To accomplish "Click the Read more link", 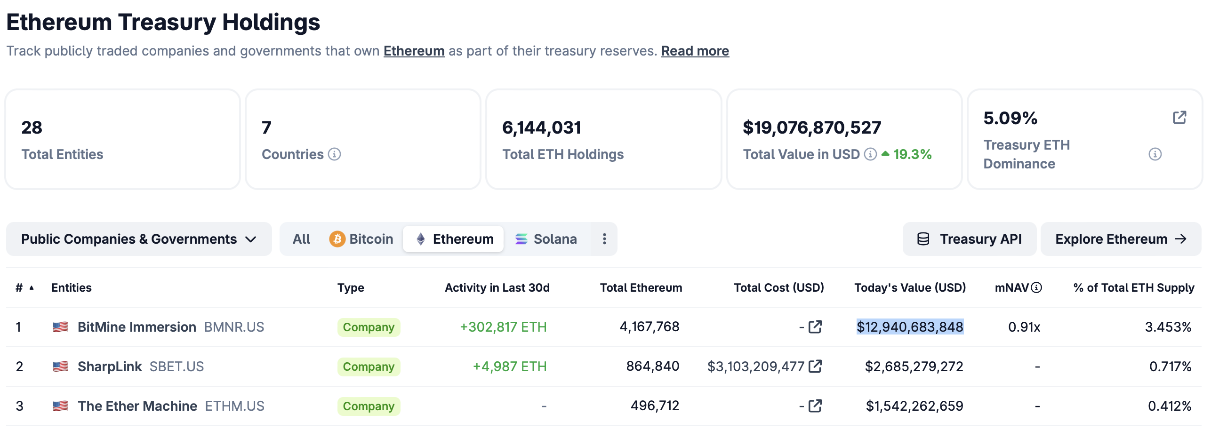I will [x=695, y=51].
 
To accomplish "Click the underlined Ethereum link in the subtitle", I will [x=414, y=51].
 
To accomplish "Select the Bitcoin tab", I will [x=361, y=239].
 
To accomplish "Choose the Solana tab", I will [x=546, y=239].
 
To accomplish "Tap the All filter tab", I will [x=301, y=239].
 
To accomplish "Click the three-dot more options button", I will [x=604, y=239].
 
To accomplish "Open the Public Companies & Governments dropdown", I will [x=139, y=239].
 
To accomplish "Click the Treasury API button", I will [x=969, y=239].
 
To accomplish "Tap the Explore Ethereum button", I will [x=1120, y=239].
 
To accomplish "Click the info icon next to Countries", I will [x=334, y=154].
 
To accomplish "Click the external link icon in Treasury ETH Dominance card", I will [x=1179, y=118].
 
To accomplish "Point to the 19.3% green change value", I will [x=912, y=154].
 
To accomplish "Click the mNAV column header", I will [x=1012, y=287].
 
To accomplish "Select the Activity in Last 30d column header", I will [x=497, y=287].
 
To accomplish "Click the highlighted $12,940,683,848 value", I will [x=909, y=327].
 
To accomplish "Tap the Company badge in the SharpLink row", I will [x=369, y=366].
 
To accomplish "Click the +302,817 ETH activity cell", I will [x=503, y=327].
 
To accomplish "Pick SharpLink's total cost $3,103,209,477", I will [x=755, y=366].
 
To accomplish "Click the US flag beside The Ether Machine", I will [x=60, y=406].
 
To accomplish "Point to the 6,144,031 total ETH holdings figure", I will [x=541, y=127].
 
